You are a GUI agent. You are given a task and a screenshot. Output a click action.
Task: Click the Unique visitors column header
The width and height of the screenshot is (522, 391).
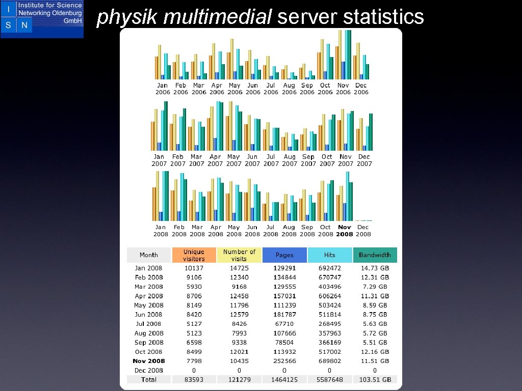pyautogui.click(x=194, y=255)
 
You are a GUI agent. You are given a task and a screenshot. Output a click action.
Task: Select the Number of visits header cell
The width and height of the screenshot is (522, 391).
pyautogui.click(x=239, y=255)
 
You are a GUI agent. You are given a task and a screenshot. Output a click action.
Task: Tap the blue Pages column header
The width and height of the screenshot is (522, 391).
pyautogui.click(x=284, y=255)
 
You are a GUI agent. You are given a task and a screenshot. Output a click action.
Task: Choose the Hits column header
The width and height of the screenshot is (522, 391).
pyautogui.click(x=330, y=255)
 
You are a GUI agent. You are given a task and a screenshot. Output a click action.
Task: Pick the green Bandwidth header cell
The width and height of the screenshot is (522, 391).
pyautogui.click(x=375, y=255)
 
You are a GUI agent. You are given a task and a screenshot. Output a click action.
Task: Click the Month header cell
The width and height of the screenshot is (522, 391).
pyautogui.click(x=148, y=255)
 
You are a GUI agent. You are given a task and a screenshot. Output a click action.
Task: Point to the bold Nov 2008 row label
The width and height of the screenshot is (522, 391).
pyautogui.click(x=149, y=361)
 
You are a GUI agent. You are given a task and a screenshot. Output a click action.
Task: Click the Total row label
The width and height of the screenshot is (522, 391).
pyautogui.click(x=148, y=380)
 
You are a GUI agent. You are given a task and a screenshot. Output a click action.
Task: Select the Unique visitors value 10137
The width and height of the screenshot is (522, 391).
pyautogui.click(x=194, y=268)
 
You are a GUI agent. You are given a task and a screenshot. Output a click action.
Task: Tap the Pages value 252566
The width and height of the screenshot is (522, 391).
pyautogui.click(x=284, y=361)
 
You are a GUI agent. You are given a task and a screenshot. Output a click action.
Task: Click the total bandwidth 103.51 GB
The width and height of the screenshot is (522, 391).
pyautogui.click(x=375, y=380)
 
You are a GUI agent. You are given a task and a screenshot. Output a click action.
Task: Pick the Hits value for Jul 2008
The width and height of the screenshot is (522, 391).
pyautogui.click(x=330, y=324)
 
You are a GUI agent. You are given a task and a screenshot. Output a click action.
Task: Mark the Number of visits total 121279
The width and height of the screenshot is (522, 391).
pyautogui.click(x=239, y=380)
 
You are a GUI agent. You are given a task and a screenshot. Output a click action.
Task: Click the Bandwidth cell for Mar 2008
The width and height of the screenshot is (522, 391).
pyautogui.click(x=375, y=287)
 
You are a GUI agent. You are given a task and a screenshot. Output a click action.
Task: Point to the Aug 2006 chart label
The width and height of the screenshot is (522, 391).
pyautogui.click(x=289, y=89)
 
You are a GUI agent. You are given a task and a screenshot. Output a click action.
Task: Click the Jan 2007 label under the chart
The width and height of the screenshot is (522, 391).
pyautogui.click(x=159, y=160)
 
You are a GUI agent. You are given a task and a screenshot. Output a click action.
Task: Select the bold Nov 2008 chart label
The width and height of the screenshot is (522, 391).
pyautogui.click(x=345, y=231)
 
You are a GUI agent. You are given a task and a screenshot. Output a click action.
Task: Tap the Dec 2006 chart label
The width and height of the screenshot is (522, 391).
pyautogui.click(x=361, y=89)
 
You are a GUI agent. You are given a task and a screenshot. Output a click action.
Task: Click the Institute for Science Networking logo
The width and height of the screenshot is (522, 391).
pyautogui.click(x=42, y=19)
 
